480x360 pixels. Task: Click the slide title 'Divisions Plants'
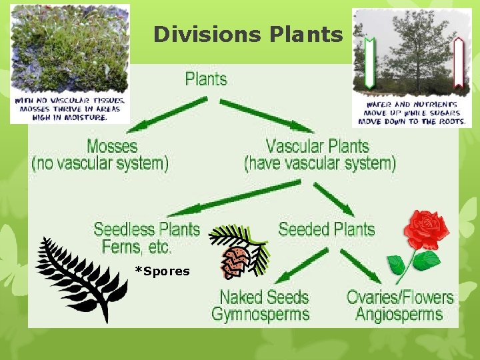247,34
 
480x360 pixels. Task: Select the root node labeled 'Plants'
206,79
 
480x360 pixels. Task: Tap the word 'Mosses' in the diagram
112,146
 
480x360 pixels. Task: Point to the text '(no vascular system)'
100,163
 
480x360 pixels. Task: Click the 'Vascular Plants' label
317,146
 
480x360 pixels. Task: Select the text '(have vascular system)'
319,163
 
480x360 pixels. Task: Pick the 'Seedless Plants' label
147,230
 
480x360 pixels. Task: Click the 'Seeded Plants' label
326,230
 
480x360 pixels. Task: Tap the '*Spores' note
162,271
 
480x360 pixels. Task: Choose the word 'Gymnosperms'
261,314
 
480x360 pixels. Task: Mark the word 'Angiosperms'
399,314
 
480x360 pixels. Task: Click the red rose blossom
427,230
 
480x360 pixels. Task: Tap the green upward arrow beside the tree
368,63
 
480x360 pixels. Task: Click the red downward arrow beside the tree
458,63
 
